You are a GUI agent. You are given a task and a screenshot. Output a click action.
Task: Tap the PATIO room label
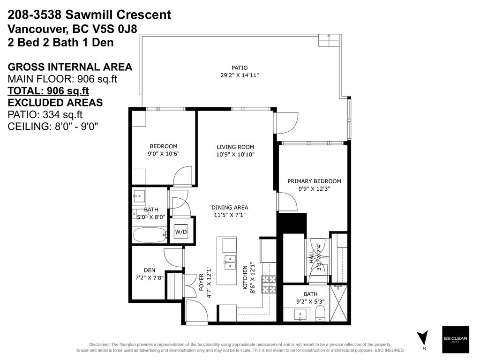coord(239,67)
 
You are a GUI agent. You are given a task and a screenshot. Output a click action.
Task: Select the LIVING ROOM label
coord(232,146)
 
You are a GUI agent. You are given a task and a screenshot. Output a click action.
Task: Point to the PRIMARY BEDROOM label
coord(314,181)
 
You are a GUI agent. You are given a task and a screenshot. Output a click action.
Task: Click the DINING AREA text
coord(230,207)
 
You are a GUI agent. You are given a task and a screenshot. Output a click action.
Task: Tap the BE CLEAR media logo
coord(456,339)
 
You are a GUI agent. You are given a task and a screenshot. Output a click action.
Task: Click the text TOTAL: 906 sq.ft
coord(48,91)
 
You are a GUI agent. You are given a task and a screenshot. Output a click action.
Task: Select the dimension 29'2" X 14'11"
coord(239,75)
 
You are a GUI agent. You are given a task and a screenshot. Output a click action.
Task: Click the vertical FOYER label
coord(202,283)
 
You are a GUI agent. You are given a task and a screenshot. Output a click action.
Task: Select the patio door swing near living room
coord(285,123)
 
